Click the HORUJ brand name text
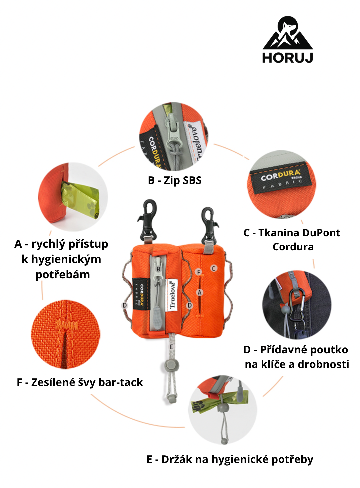click(x=288, y=58)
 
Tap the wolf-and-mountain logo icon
click(x=288, y=33)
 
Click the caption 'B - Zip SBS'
click(x=175, y=180)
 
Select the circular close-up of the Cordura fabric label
click(x=282, y=185)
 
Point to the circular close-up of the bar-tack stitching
click(x=66, y=334)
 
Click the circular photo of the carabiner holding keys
click(x=297, y=305)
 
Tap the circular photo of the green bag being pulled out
click(x=73, y=197)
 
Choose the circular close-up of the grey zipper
click(x=174, y=137)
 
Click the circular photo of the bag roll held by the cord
click(x=222, y=410)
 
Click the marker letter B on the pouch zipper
click(x=158, y=269)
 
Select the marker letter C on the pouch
click(x=214, y=268)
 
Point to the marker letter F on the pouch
click(x=199, y=272)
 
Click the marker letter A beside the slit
click(x=199, y=293)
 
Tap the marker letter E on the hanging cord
click(x=172, y=347)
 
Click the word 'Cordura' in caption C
click(x=293, y=247)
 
